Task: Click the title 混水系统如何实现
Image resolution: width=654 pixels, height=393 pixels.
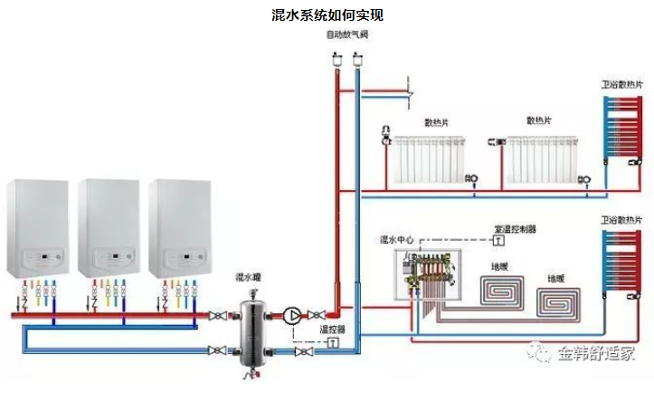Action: coord(327,15)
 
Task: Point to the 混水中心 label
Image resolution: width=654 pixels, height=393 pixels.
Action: coord(396,240)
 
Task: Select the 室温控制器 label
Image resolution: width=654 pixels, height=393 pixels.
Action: coord(515,230)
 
